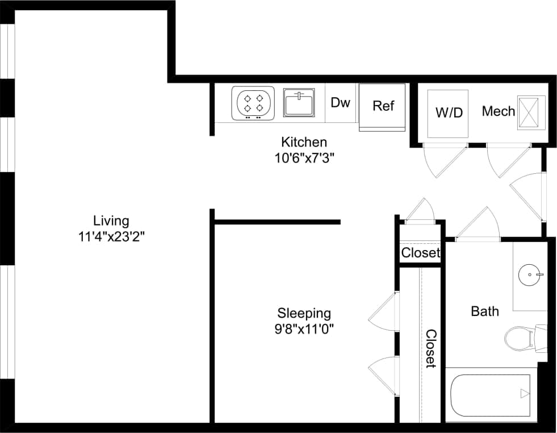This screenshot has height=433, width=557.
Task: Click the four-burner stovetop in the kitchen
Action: click(253, 103)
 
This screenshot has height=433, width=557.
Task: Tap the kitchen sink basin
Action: click(299, 104)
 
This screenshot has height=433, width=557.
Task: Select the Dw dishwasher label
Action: click(340, 103)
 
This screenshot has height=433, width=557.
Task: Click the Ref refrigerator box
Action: click(383, 106)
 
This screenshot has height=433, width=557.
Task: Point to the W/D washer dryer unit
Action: click(448, 113)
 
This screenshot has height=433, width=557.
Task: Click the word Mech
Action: click(498, 111)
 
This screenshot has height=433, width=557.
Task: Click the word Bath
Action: click(485, 311)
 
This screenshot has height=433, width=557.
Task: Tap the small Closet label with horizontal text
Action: click(420, 253)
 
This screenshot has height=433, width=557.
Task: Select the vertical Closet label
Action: click(431, 348)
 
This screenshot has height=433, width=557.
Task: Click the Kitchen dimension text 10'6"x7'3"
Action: click(304, 158)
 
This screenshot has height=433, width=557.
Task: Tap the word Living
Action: click(111, 220)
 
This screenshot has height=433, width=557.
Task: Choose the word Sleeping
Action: click(304, 313)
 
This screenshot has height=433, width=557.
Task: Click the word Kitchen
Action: click(304, 142)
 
